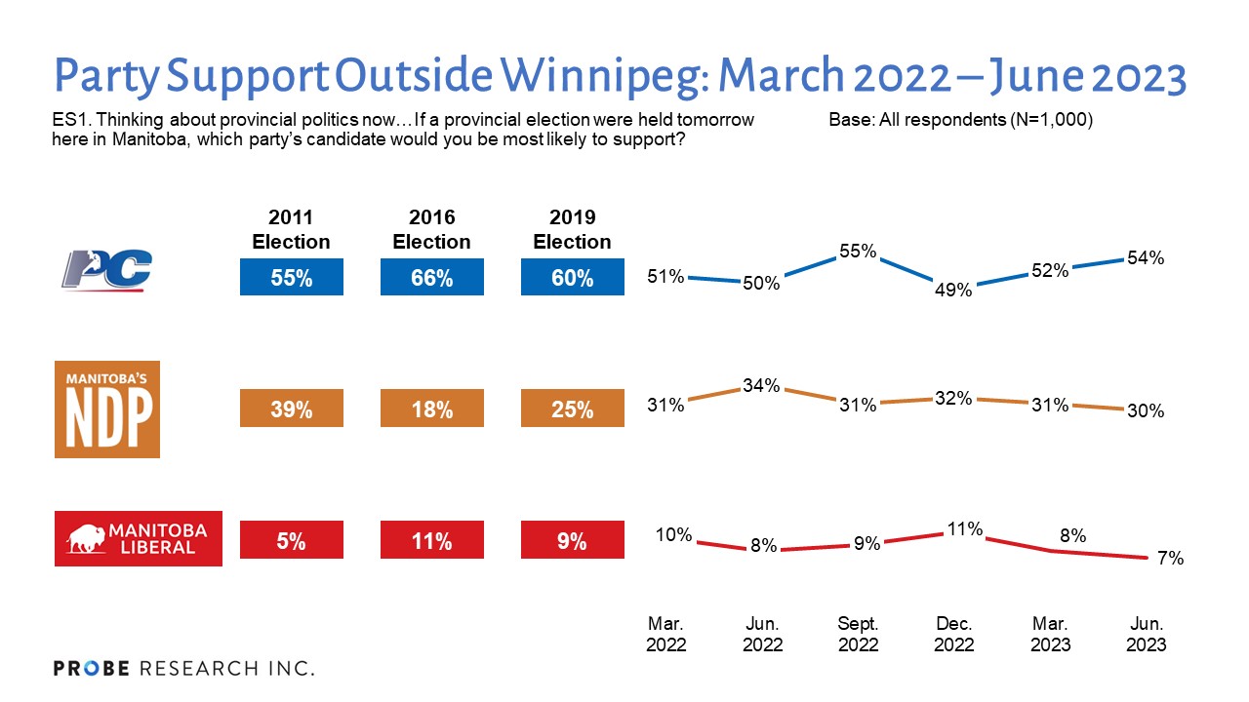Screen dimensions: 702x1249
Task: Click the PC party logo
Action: pyautogui.click(x=106, y=270)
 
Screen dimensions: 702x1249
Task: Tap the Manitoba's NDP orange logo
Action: pyautogui.click(x=106, y=409)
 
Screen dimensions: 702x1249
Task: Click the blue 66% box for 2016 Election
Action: pyautogui.click(x=431, y=278)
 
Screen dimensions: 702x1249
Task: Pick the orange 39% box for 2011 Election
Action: pyautogui.click(x=291, y=409)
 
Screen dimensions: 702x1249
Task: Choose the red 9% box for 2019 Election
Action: pyautogui.click(x=572, y=542)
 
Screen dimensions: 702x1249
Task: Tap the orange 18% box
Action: pyautogui.click(x=431, y=409)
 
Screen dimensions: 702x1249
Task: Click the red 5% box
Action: pyautogui.click(x=291, y=542)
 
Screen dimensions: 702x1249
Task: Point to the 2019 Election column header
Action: pyautogui.click(x=572, y=229)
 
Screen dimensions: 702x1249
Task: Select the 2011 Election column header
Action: pyautogui.click(x=291, y=229)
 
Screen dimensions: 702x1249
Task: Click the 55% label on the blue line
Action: pyautogui.click(x=859, y=251)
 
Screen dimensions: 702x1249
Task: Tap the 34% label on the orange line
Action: pyautogui.click(x=761, y=385)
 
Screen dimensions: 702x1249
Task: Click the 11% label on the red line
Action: pyautogui.click(x=965, y=529)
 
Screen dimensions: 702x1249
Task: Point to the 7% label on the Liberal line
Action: pyautogui.click(x=1171, y=559)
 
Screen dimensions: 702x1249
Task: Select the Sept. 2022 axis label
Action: pyautogui.click(x=859, y=634)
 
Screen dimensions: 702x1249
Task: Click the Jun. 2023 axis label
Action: pyautogui.click(x=1146, y=634)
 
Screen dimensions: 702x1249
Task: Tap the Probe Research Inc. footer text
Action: pyautogui.click(x=183, y=669)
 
